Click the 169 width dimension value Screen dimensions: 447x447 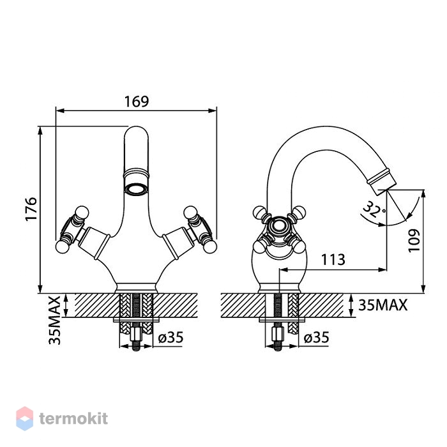[x=137, y=101]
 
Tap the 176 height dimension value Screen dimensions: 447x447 [x=31, y=209]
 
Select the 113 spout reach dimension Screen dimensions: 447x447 [x=333, y=259]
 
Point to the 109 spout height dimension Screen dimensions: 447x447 [x=414, y=240]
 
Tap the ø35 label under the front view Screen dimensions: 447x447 [x=170, y=338]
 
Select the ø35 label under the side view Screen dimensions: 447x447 [x=317, y=338]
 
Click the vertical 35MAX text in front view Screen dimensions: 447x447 [x=54, y=321]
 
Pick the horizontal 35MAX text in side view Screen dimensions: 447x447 [x=383, y=305]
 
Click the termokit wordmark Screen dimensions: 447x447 [x=73, y=419]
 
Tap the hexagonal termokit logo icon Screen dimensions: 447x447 [x=24, y=418]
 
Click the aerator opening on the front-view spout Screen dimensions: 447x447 [x=136, y=189]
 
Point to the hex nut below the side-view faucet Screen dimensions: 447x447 [x=278, y=334]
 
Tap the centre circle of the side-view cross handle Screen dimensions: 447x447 [x=277, y=225]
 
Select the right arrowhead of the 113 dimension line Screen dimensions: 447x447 [x=383, y=269]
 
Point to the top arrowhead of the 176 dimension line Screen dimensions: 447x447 [x=40, y=130]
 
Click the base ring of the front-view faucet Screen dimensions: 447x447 [x=136, y=287]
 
